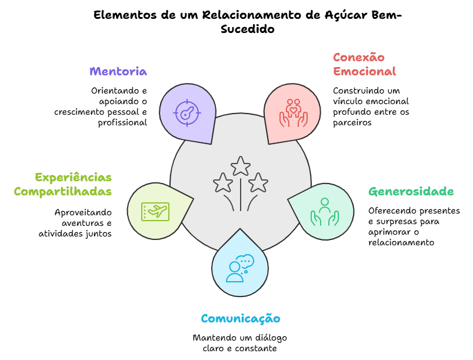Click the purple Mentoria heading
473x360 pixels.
[x=118, y=71]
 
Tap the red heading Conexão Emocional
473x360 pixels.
[x=358, y=64]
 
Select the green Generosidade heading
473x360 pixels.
[x=411, y=191]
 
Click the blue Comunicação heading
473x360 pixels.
[x=240, y=318]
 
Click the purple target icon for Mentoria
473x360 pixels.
[x=186, y=112]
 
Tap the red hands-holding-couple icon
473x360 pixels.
[x=293, y=112]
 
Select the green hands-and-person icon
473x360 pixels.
[x=324, y=212]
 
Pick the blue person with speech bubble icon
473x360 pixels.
[x=239, y=268]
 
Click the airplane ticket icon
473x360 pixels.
[x=155, y=211]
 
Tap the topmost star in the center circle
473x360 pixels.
[x=240, y=166]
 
